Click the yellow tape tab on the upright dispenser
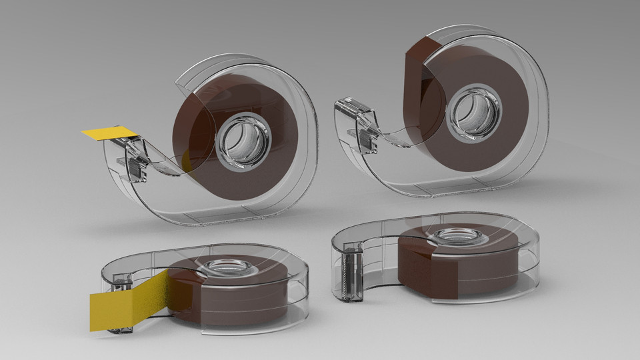coord(107,133)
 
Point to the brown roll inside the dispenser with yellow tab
coord(200,120)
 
